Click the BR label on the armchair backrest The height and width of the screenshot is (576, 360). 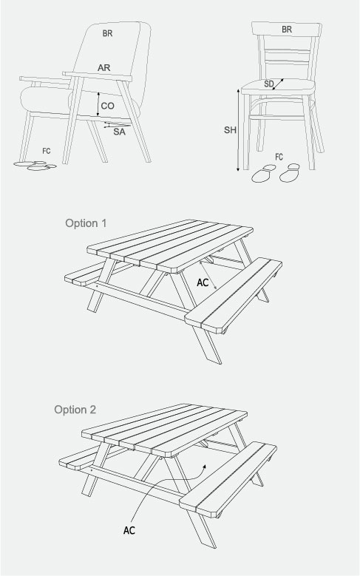click(x=107, y=33)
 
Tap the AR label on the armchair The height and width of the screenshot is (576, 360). click(x=104, y=68)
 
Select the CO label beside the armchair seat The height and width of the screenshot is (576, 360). click(x=108, y=106)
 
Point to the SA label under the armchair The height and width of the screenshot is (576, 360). click(x=120, y=132)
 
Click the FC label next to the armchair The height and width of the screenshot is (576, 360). click(x=47, y=151)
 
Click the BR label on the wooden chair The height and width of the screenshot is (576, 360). click(x=287, y=30)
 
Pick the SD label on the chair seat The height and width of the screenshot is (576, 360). click(x=269, y=84)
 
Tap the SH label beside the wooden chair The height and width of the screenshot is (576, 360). click(x=231, y=130)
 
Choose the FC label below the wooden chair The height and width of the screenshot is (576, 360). click(x=279, y=157)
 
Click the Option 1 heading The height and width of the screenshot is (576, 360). click(x=86, y=223)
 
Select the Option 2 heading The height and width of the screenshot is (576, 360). click(x=75, y=410)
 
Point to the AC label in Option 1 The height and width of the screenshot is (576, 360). click(x=203, y=282)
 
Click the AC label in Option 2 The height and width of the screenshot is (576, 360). click(x=129, y=530)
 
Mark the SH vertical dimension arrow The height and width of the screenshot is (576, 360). click(x=238, y=129)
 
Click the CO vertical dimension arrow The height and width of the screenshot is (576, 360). click(x=98, y=104)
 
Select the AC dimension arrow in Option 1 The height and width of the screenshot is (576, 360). click(x=208, y=275)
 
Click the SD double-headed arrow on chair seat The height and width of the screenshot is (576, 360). click(x=278, y=84)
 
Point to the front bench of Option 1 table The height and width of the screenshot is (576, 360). click(x=234, y=296)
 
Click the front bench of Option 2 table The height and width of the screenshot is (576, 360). click(x=228, y=480)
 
